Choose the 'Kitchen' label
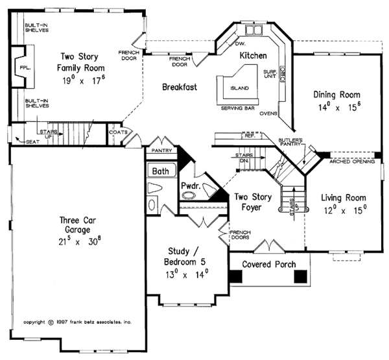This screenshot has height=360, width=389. coord(253,56)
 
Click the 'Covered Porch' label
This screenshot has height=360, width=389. coord(269,265)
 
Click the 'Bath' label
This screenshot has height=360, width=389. coord(159,171)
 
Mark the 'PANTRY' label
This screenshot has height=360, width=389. coord(160,150)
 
